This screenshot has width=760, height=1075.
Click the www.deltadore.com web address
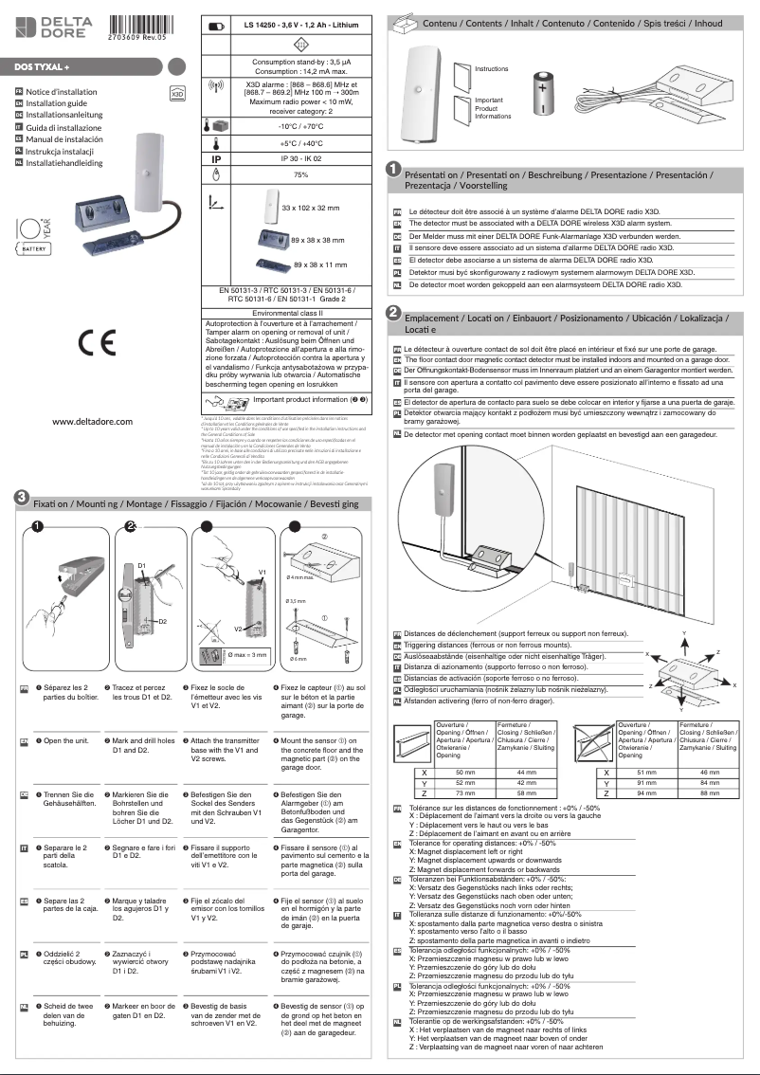point(92,422)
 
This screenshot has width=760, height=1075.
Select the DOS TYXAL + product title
point(48,67)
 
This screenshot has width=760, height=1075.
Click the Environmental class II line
point(294,311)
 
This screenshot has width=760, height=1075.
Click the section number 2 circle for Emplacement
point(391,312)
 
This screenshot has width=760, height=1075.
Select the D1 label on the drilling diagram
point(142,566)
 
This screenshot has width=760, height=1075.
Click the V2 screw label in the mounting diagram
point(241,629)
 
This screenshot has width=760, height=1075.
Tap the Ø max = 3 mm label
point(249,654)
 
